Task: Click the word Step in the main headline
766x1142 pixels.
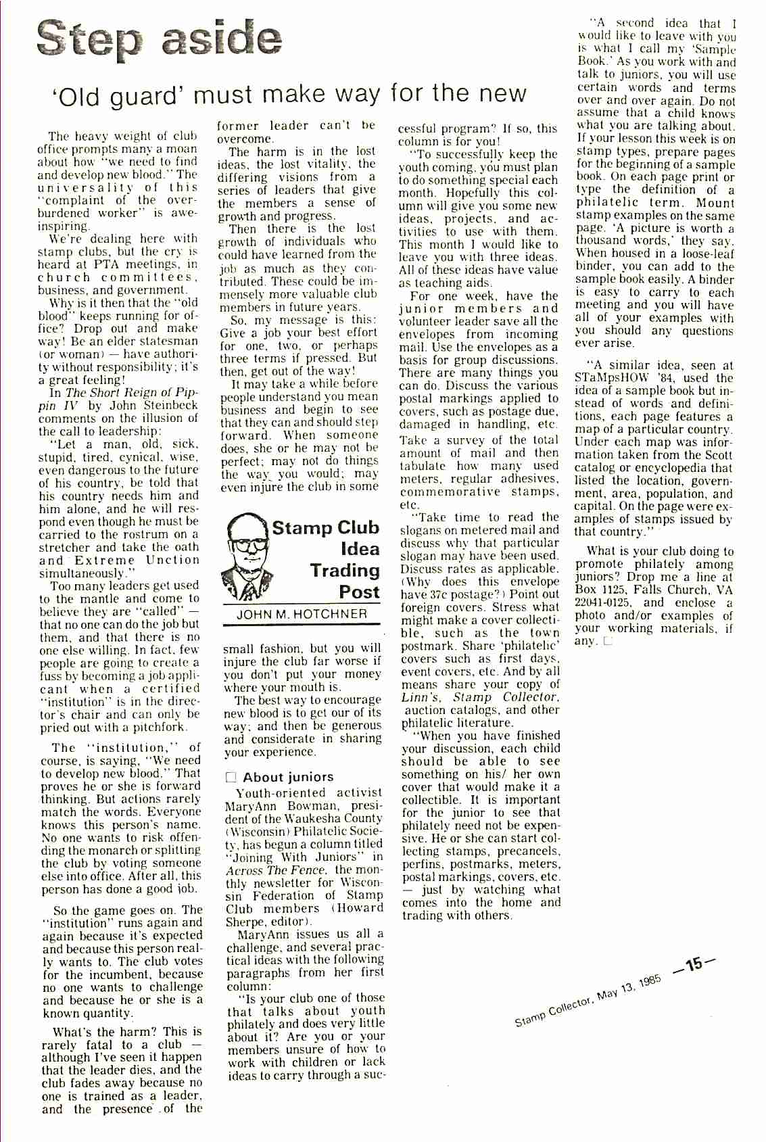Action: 89,39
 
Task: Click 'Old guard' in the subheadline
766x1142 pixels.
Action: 119,97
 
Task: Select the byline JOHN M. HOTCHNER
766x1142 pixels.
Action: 302,614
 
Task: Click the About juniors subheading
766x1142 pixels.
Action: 288,777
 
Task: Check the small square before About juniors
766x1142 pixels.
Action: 231,778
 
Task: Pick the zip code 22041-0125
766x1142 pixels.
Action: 602,602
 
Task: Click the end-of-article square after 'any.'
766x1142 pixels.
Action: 608,641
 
